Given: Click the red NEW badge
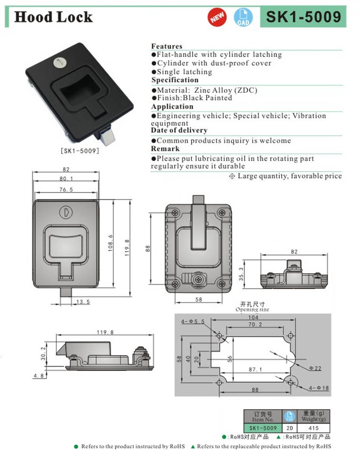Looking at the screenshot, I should coord(217,17).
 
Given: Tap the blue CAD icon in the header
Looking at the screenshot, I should coord(243,17).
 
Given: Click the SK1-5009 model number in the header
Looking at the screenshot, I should coord(303,17).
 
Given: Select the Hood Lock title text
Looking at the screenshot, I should coord(53,17).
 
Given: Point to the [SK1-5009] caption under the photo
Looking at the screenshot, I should coord(80,151).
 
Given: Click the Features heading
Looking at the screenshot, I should coord(167,46).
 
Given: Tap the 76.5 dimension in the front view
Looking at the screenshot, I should coord(65,190).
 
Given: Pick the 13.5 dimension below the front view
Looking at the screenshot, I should coord(83,302).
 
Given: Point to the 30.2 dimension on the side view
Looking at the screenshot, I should coord(43,353).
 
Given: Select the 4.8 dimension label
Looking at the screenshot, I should coord(39,376).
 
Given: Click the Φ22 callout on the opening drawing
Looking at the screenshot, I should coord(316,368).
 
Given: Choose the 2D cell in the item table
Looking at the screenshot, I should coord(289,428).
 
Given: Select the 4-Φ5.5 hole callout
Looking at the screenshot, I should coord(193,322).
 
